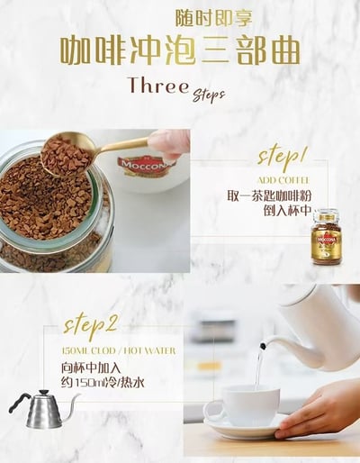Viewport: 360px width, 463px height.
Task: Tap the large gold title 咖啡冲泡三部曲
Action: point(180,50)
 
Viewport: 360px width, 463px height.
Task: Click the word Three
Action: point(158,86)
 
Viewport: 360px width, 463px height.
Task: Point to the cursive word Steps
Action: point(208,95)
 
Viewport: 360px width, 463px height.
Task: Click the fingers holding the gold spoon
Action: point(169,142)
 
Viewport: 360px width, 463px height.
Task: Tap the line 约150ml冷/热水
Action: point(103,383)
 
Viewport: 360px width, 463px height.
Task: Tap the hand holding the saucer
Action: point(319,406)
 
